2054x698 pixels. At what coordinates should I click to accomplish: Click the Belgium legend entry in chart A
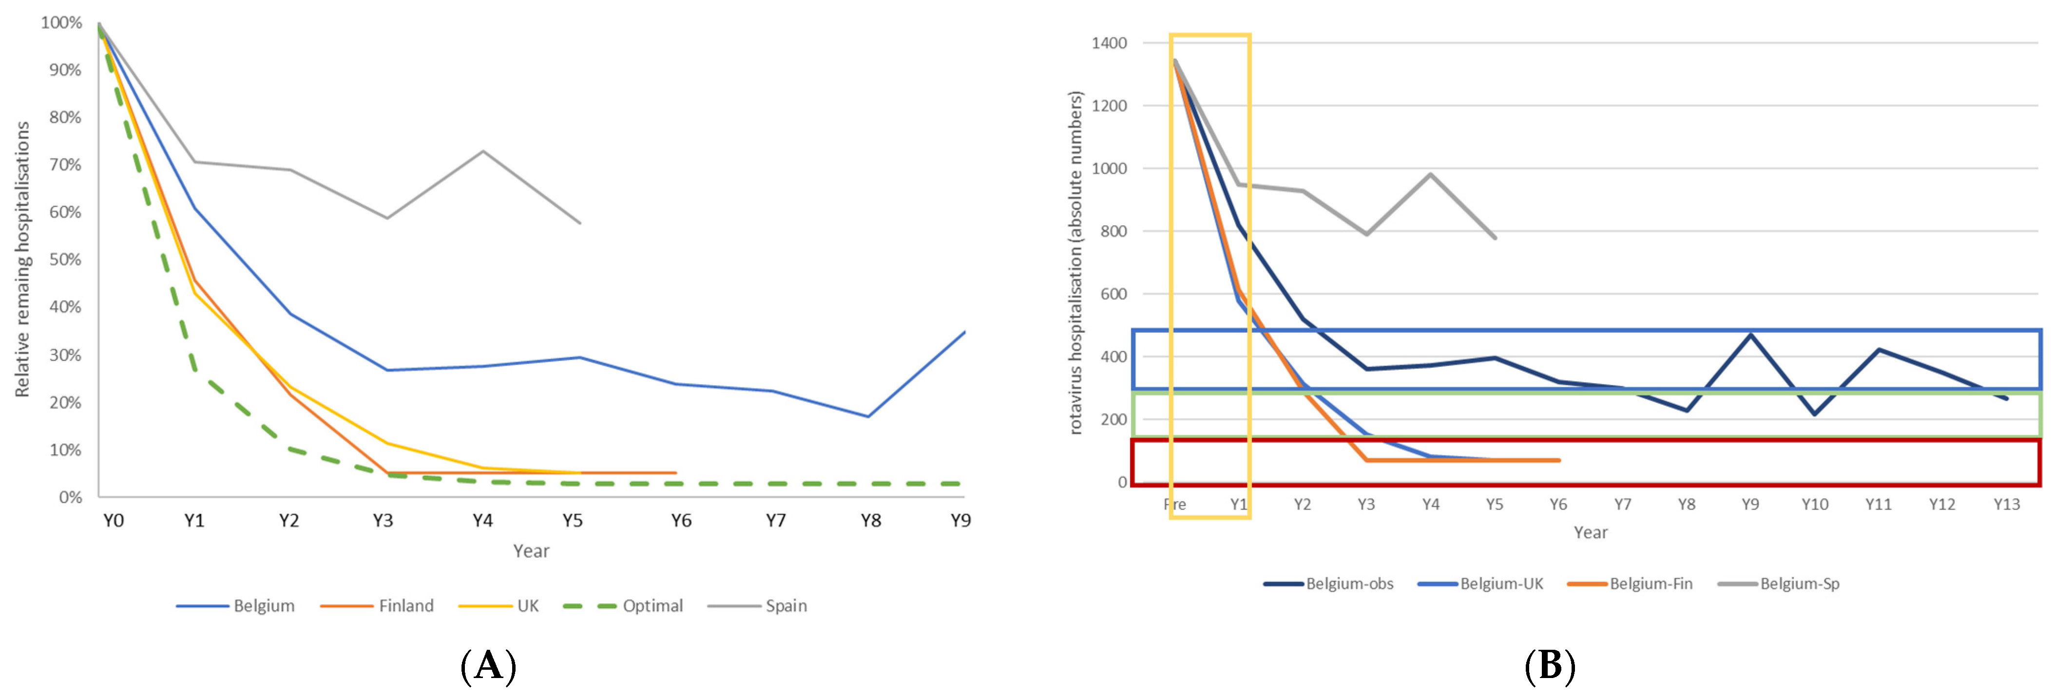point(263,605)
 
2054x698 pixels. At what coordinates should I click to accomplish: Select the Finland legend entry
point(406,605)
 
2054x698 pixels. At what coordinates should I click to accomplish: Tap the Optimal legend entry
point(652,605)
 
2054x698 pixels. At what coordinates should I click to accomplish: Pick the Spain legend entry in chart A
point(786,605)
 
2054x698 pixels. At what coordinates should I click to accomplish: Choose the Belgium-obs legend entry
point(1349,583)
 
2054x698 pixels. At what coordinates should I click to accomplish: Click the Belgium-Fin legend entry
point(1651,583)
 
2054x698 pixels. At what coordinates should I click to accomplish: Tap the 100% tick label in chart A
point(61,22)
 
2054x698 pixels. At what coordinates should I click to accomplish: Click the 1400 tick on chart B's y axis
point(1109,43)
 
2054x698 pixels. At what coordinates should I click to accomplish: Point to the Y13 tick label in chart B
point(2006,504)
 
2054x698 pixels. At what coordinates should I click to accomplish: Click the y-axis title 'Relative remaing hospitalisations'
point(22,259)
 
